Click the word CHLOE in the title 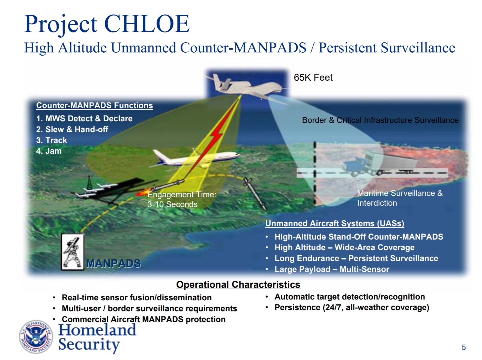point(147,24)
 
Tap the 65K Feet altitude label point(313,77)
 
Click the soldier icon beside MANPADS point(72,252)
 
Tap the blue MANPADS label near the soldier point(113,263)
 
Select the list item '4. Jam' point(49,151)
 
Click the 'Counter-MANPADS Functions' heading point(94,105)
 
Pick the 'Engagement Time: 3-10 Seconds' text point(182,199)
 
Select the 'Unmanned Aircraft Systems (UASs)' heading point(335,223)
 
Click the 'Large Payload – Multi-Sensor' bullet point(332,269)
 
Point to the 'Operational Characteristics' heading point(238,285)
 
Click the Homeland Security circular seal point(36,337)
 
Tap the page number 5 point(464,347)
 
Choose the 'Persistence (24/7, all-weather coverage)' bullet point(352,307)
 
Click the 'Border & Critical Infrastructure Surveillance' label point(380,120)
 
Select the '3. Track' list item point(52,140)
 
